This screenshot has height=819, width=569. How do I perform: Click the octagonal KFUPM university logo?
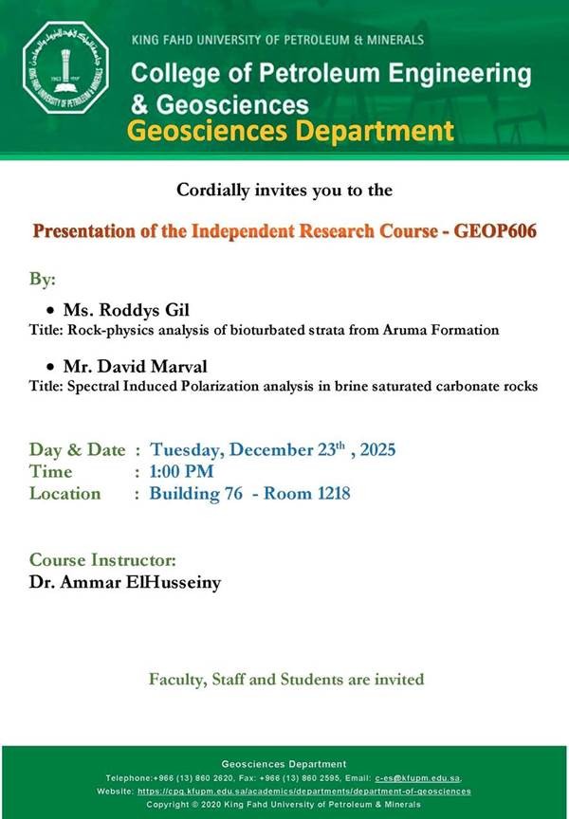(65, 67)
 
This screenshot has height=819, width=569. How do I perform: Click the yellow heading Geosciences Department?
(290, 131)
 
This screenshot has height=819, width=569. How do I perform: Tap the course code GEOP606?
(495, 231)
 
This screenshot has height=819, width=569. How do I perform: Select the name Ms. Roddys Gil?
(126, 310)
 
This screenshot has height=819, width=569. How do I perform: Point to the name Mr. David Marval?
(136, 366)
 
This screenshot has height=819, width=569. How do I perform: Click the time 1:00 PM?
(181, 472)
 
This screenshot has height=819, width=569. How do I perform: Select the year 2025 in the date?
(377, 449)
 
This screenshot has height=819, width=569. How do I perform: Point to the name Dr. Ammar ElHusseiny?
(125, 582)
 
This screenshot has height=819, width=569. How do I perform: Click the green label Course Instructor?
(102, 560)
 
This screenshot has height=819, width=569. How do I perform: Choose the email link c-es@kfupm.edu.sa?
(418, 778)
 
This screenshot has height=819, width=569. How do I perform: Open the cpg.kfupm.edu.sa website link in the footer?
(304, 792)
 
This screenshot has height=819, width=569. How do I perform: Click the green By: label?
(43, 280)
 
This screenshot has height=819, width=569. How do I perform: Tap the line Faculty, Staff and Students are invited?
(286, 680)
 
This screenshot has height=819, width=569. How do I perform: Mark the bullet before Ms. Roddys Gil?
(50, 311)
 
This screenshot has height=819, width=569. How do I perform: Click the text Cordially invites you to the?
(284, 190)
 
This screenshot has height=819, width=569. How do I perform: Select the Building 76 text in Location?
(196, 494)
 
